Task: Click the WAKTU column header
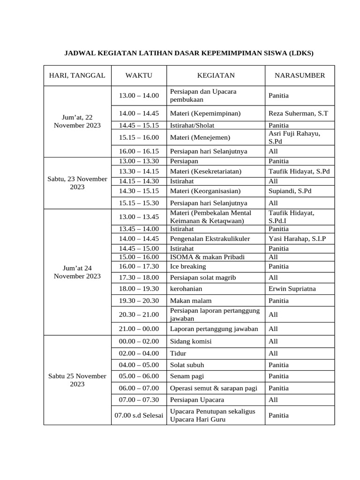pos(139,75)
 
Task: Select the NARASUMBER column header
pos(300,75)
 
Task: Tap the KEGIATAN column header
pos(216,75)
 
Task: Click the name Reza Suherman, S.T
pos(298,113)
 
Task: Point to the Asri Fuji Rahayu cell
pos(294,137)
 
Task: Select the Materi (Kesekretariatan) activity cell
pos(206,172)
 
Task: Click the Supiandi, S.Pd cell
pos(290,191)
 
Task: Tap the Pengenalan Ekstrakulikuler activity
pos(210,239)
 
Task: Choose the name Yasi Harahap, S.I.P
pos(297,239)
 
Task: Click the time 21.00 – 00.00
pos(139,329)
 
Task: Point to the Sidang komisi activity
pos(191,341)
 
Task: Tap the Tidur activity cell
pos(178,353)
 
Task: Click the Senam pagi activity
pos(187,376)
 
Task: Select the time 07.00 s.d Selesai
pos(139,415)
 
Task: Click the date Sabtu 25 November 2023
pos(77,380)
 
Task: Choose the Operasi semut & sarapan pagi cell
pos(213,388)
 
